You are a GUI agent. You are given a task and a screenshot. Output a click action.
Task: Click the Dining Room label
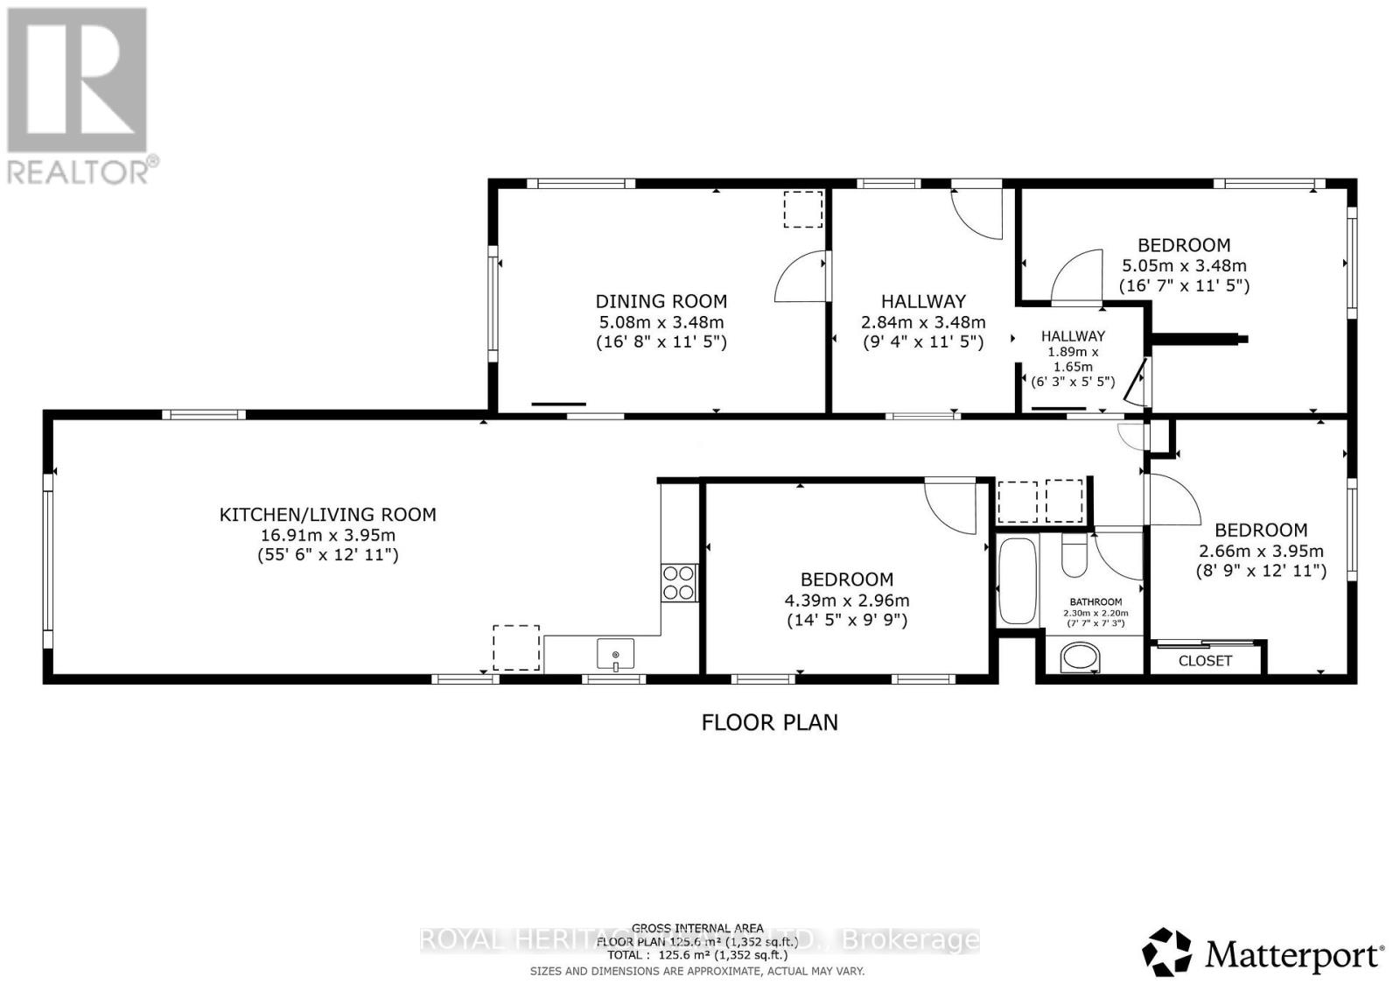tap(661, 301)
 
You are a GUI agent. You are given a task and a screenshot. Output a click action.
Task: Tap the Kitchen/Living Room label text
tap(327, 515)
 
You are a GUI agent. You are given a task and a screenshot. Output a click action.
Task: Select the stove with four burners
tap(679, 582)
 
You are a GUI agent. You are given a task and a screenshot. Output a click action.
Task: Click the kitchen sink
tap(616, 654)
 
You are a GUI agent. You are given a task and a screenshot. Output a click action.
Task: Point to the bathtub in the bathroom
tap(1017, 580)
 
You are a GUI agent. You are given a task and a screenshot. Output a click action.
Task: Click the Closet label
tap(1205, 661)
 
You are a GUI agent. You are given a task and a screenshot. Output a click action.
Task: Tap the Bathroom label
tap(1095, 602)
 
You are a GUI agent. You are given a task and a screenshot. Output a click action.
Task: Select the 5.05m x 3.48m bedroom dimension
tap(1184, 265)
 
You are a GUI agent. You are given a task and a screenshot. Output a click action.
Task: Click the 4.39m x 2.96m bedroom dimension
tap(847, 601)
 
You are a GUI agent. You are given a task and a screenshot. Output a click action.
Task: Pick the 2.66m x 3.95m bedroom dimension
tap(1261, 552)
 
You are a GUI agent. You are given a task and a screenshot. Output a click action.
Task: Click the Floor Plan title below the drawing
tap(770, 722)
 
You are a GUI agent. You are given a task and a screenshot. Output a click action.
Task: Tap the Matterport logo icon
tap(1166, 952)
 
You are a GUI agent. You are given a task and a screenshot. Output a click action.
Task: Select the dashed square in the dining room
tap(802, 209)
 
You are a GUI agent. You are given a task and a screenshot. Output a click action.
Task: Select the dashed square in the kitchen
tap(515, 647)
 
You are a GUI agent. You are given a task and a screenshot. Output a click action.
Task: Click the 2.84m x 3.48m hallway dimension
tap(923, 322)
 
